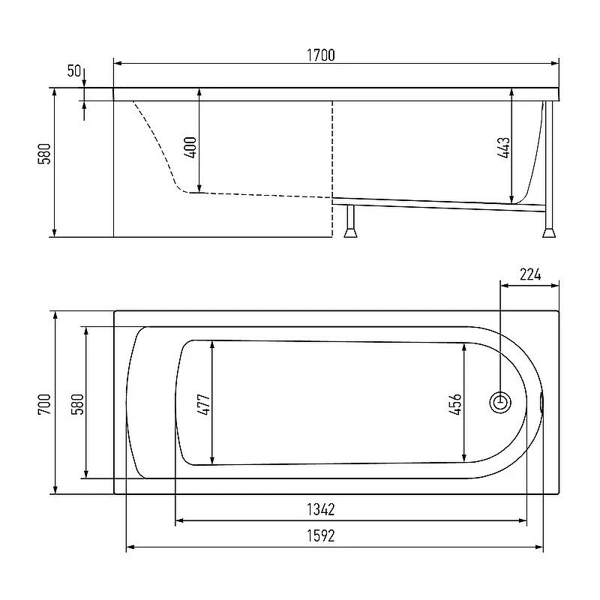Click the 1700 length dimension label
coord(321,55)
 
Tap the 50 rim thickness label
coord(73,70)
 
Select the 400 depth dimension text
coord(190,147)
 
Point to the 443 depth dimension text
coord(503,148)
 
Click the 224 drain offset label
coord(530,274)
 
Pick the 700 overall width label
coord(44,404)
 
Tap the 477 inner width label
coord(203,404)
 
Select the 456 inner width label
coord(455,404)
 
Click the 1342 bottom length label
coord(321,509)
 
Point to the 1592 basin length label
coord(321,535)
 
